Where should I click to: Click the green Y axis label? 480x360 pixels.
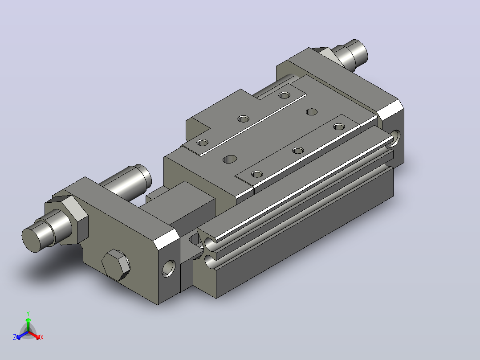28,313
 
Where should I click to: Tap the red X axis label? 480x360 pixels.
42,337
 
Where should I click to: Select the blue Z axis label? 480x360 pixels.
15,337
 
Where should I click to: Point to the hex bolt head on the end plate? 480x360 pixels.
116,265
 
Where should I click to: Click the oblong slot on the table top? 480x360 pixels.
230,159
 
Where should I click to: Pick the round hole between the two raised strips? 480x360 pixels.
312,111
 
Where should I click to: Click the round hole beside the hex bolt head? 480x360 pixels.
169,269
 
